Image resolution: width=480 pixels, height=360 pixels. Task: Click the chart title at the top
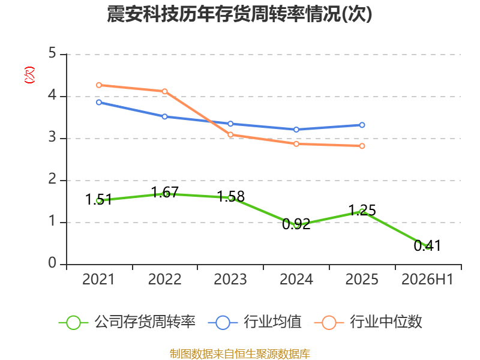tap(239, 14)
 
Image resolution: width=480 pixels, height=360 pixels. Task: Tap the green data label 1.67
tap(164, 192)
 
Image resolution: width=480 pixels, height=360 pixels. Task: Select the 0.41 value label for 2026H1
tap(427, 245)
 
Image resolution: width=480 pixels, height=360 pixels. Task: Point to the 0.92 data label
tap(296, 224)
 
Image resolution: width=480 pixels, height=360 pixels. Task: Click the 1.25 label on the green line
tap(362, 211)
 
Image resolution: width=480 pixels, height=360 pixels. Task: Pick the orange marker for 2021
tap(99, 85)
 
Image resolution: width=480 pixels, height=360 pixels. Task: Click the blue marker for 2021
tap(99, 102)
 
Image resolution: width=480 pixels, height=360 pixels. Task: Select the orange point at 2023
tap(230, 134)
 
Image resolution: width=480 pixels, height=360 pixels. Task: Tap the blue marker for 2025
tap(362, 125)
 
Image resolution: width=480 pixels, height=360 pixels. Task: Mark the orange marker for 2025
tap(362, 146)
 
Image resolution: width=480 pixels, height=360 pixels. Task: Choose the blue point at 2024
tap(296, 130)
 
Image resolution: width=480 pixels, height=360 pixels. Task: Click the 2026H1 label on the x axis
tap(427, 280)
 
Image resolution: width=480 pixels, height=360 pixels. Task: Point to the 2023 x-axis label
tap(230, 280)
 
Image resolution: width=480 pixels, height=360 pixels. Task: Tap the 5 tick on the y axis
tap(52, 53)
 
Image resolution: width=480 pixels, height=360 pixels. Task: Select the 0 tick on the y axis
tap(52, 263)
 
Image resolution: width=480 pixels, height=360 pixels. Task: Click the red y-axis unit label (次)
tap(29, 75)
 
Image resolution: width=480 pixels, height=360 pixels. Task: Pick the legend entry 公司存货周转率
tap(127, 322)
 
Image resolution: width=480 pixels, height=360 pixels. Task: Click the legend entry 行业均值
tap(254, 322)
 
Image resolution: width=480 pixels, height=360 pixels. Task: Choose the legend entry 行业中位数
tap(368, 322)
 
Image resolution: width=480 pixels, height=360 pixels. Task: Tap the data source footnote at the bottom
tap(240, 354)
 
